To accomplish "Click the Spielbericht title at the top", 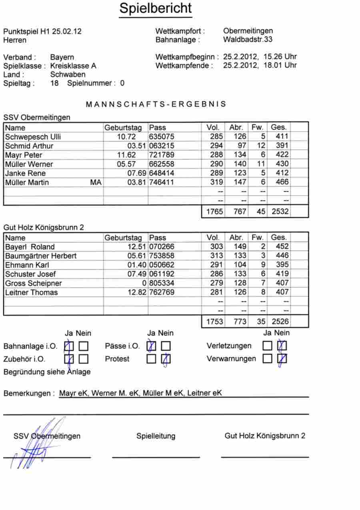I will tap(156, 8).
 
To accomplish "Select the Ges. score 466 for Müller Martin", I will tap(280, 182).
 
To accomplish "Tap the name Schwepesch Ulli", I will tap(33, 137).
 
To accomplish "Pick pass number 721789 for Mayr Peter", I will tap(162, 155).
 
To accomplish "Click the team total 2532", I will tap(280, 212).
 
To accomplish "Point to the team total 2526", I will tap(280, 322).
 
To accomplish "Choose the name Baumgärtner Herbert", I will tap(41, 256).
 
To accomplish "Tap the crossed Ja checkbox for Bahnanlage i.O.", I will tap(69, 346).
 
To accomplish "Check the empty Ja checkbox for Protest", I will tap(151, 359).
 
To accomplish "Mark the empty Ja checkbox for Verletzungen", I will tap(267, 346).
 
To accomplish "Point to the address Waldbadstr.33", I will tap(248, 40).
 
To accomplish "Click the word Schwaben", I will tap(68, 74).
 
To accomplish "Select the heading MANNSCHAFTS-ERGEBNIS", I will tap(156, 104).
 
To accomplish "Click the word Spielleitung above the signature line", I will tap(156, 436).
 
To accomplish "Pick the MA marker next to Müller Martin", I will tap(96, 182).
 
